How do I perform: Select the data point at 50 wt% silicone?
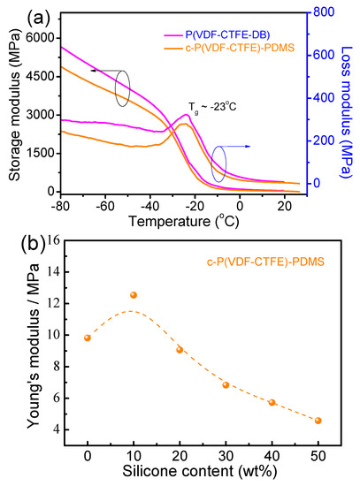click(x=318, y=421)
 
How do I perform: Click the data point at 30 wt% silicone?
click(x=226, y=385)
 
